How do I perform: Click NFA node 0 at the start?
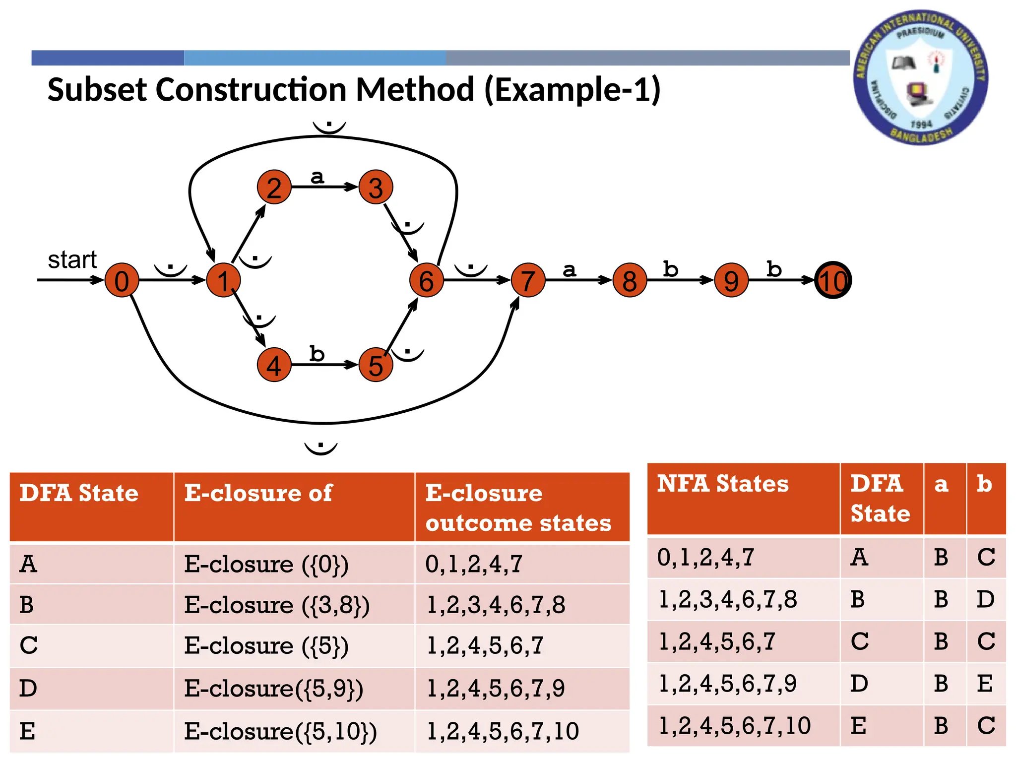point(122,280)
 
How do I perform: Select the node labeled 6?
point(426,280)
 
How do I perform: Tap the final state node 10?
point(833,280)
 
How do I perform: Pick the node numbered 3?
point(376,188)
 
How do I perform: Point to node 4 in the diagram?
point(274,365)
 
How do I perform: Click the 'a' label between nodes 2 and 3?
point(317,177)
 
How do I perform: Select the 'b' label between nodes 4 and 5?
point(317,354)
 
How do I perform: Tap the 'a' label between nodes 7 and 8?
point(569,270)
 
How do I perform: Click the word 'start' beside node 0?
point(72,260)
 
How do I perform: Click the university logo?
point(920,77)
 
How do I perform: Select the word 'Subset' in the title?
point(97,90)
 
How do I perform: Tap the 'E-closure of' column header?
point(258,493)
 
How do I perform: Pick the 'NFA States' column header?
point(722,484)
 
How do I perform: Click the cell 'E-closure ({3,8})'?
point(277,605)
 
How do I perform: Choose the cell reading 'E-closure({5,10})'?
point(280,731)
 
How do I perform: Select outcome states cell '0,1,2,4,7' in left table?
point(474,564)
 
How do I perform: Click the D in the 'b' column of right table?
point(985,600)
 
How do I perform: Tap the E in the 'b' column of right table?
point(985,684)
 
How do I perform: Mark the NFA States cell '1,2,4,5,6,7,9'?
point(727,684)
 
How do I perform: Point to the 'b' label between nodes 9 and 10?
point(773,269)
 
